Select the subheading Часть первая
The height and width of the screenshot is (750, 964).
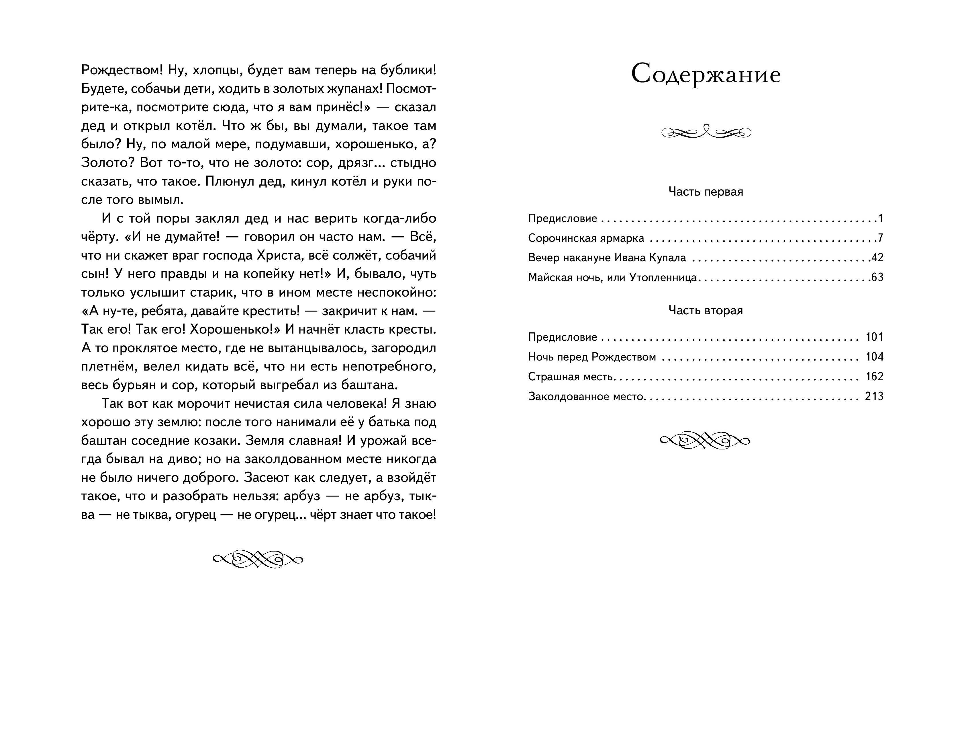click(x=705, y=192)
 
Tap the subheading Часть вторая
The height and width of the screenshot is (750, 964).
click(x=705, y=311)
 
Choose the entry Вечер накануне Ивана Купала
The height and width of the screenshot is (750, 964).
click(x=607, y=258)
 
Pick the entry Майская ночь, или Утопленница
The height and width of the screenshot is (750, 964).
click(x=612, y=277)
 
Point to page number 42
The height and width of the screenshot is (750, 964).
click(x=877, y=258)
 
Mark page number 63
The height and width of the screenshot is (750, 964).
click(x=877, y=277)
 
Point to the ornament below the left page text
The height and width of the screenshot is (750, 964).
click(x=258, y=559)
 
